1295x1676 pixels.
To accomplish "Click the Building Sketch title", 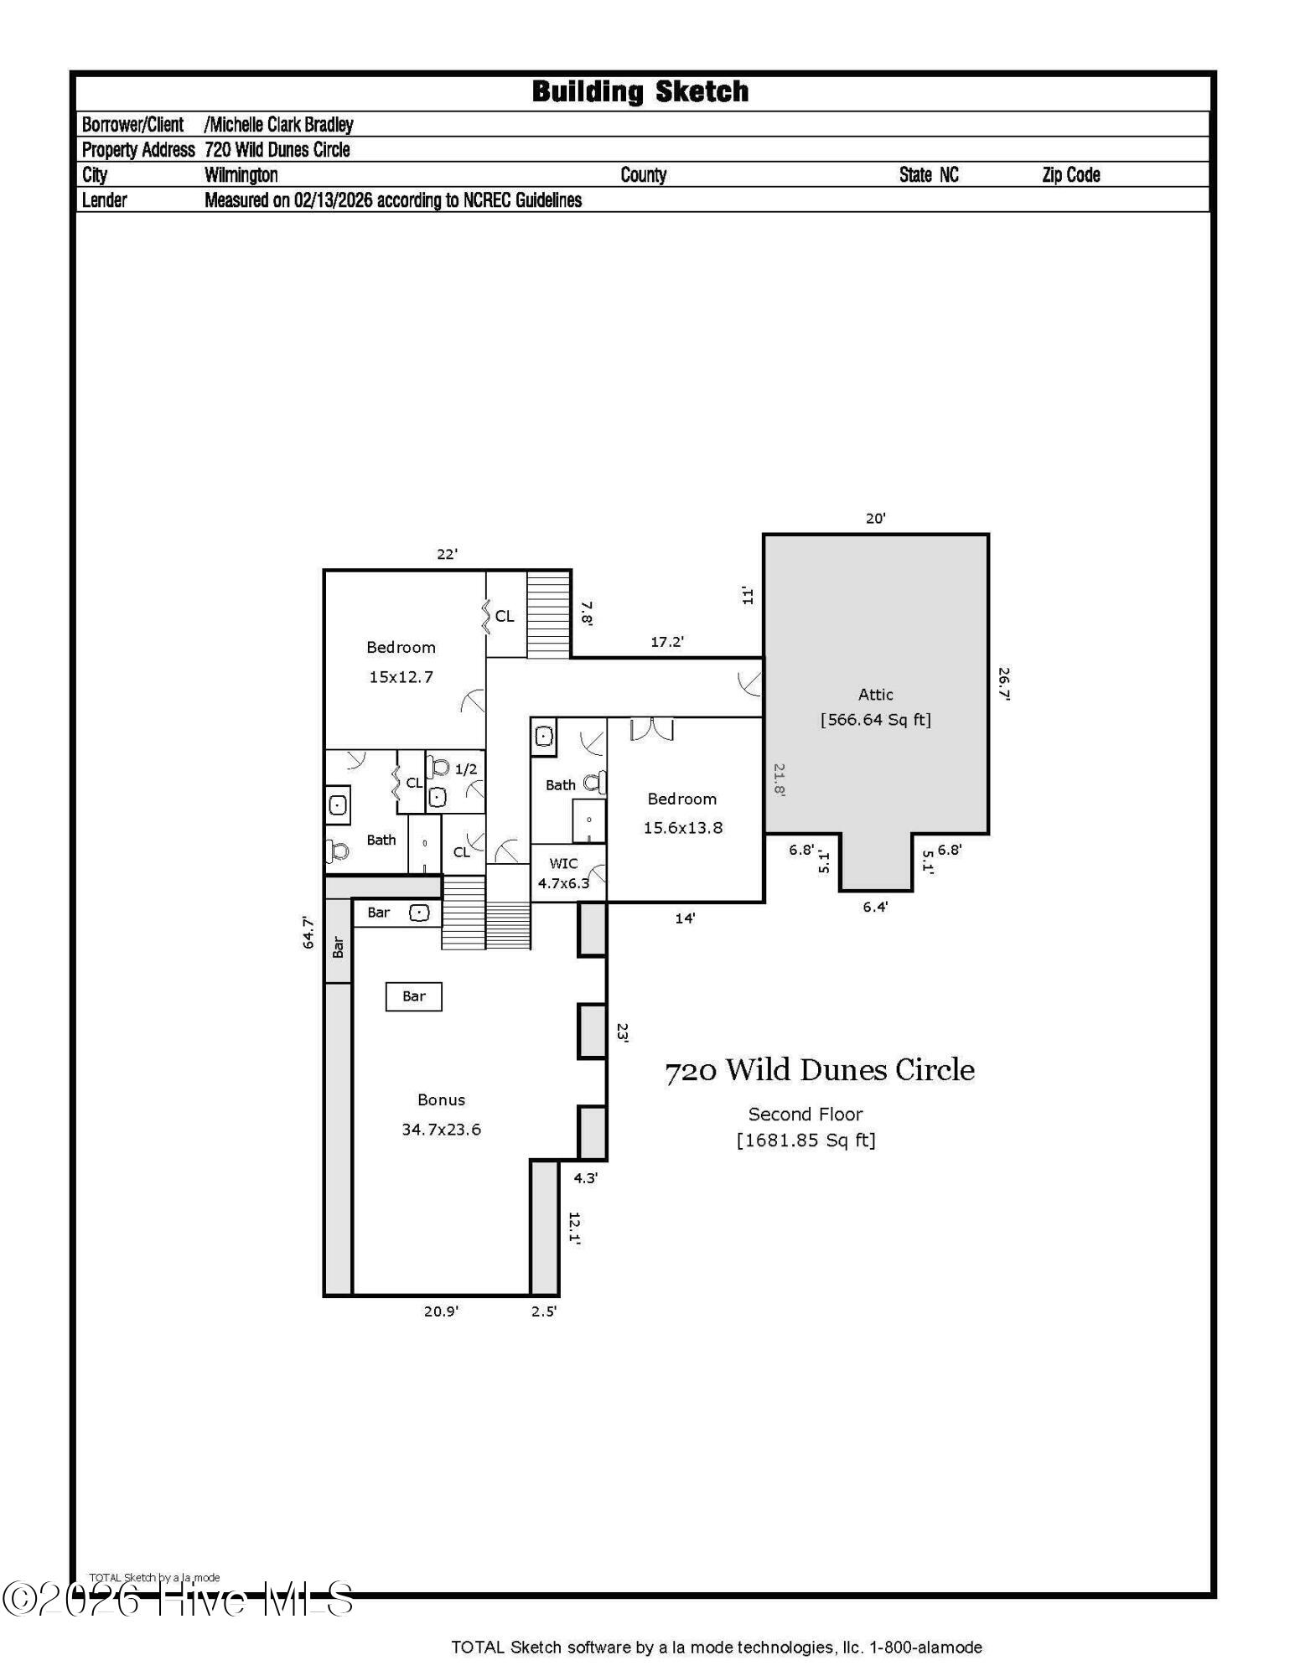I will click(x=640, y=91).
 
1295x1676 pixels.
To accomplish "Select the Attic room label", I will click(x=875, y=694).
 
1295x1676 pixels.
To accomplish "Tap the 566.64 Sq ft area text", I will click(x=875, y=720).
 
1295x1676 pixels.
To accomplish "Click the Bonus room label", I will click(x=441, y=1099).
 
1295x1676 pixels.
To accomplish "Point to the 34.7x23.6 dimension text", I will click(x=441, y=1129).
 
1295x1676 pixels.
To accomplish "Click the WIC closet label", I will click(x=563, y=863).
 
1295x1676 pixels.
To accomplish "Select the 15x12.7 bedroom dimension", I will click(x=401, y=676).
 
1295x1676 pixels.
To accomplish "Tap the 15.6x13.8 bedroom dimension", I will click(x=682, y=827).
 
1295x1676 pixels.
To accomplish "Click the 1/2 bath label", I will click(x=465, y=768).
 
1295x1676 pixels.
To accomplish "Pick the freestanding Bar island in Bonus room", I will click(x=413, y=996).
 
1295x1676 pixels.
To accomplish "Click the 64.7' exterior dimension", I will click(x=308, y=933).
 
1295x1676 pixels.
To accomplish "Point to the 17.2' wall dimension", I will click(x=667, y=642).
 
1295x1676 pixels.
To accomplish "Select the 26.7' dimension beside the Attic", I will click(x=1003, y=684).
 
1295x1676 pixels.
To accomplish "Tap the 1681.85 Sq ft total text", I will click(x=805, y=1141).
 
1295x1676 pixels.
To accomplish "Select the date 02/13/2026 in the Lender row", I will click(x=332, y=200).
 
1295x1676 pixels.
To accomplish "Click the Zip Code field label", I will click(x=1070, y=175).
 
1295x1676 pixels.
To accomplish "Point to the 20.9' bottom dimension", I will click(x=441, y=1311).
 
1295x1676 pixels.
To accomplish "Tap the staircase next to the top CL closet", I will click(x=548, y=614).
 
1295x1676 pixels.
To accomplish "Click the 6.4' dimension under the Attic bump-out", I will click(x=875, y=907).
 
